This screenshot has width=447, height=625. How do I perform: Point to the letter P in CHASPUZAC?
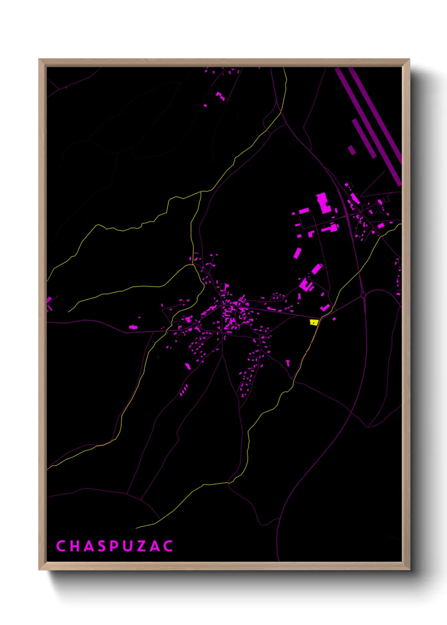114,546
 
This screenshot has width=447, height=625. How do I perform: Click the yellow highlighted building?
313,322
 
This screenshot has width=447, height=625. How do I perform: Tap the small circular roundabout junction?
363,296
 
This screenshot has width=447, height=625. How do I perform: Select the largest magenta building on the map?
323,203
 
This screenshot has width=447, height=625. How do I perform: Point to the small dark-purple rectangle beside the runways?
352,150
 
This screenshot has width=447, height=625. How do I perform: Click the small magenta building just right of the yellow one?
334,319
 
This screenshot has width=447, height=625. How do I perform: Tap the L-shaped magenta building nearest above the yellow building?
325,307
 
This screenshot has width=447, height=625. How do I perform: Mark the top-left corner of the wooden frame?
39,60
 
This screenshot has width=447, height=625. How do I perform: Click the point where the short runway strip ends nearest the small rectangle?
354,120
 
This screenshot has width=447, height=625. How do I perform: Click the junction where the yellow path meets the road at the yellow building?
320,318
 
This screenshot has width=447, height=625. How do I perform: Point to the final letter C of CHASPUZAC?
168,546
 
